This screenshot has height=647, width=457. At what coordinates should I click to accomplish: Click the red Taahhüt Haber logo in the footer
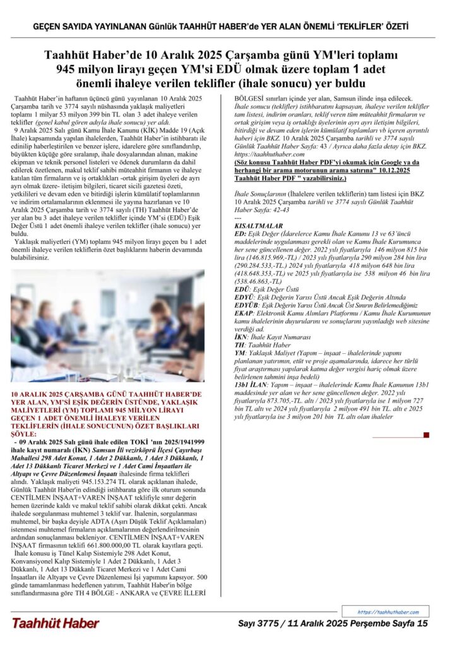[x=56, y=624]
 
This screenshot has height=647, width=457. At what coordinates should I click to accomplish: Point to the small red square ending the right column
[x=427, y=435]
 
